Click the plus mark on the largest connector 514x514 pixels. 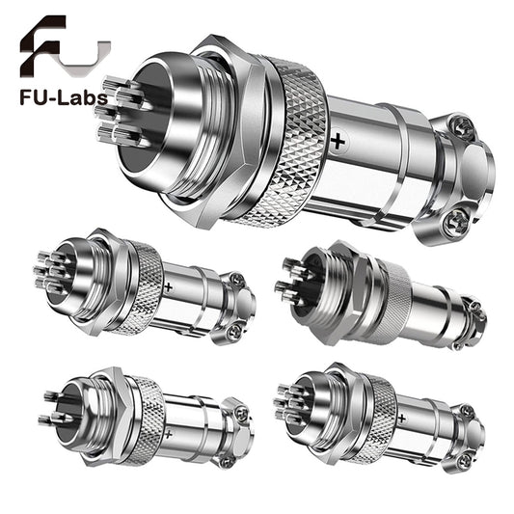338,142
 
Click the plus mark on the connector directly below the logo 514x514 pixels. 170,287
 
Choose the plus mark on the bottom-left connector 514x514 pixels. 169,435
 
